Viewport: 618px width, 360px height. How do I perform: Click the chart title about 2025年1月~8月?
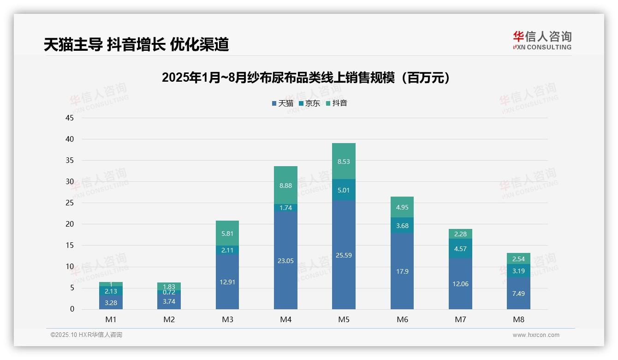(x=306, y=78)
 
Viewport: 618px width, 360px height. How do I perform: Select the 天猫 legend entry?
(x=283, y=103)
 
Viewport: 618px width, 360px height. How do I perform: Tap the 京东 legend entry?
(x=309, y=103)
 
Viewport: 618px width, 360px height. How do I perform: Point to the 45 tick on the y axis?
(x=70, y=118)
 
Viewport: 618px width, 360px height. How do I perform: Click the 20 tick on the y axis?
(x=70, y=224)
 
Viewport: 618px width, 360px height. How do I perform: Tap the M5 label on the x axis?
(x=344, y=319)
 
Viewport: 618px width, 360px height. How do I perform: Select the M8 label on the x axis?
(x=518, y=319)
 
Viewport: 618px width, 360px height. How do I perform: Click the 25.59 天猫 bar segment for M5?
(x=344, y=255)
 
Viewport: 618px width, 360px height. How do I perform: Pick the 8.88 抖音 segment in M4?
(x=285, y=185)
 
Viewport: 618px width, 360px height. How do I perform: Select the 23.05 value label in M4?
(x=285, y=261)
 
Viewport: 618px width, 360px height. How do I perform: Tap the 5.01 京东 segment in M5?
(x=344, y=190)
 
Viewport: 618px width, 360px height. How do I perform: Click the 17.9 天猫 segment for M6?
(x=402, y=271)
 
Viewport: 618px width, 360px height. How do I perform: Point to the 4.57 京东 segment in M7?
(x=460, y=249)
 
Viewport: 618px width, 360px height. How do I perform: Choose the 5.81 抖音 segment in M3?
(x=227, y=234)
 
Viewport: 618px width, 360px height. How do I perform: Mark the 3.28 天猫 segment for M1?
(x=111, y=302)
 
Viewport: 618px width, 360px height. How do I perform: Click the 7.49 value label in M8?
(x=518, y=294)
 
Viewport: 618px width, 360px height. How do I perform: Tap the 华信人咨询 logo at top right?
(x=542, y=40)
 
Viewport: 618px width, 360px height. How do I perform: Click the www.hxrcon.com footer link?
(x=536, y=335)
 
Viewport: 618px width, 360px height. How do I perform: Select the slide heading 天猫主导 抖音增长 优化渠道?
(x=136, y=45)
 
